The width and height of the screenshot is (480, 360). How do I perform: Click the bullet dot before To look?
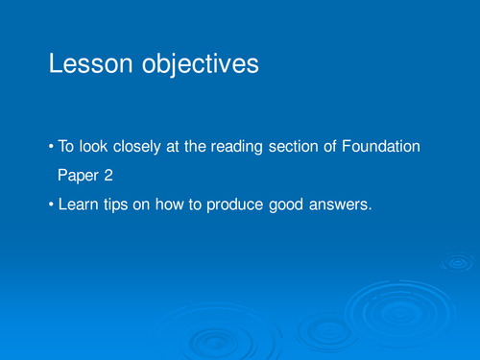pos(51,147)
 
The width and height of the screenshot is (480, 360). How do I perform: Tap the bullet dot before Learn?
pos(51,204)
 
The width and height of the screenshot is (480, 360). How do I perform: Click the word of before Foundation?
pos(340,147)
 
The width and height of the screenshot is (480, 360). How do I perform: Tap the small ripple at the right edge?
pos(458,260)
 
